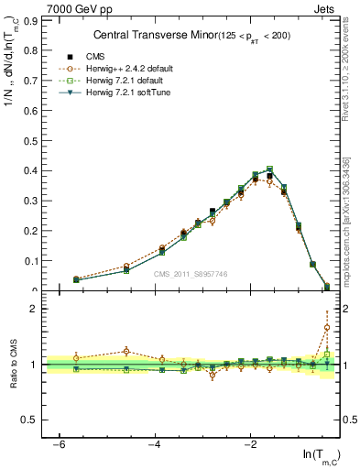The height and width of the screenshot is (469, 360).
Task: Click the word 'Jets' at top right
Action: tap(328, 8)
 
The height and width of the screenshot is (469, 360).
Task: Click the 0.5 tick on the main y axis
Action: tap(30, 139)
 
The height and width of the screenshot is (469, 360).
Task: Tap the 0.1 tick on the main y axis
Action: tap(30, 260)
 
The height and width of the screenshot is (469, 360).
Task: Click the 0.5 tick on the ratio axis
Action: tap(30, 420)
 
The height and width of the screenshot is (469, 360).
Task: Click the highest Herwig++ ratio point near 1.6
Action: tap(327, 327)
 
